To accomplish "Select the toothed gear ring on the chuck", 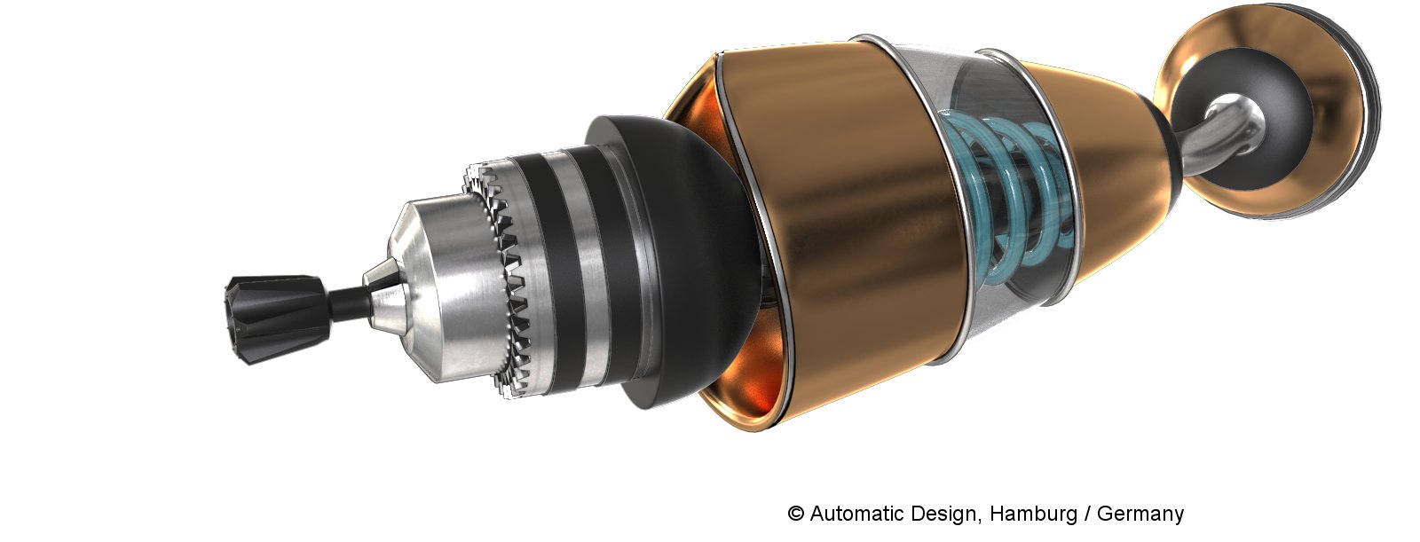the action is [x=498, y=279].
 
